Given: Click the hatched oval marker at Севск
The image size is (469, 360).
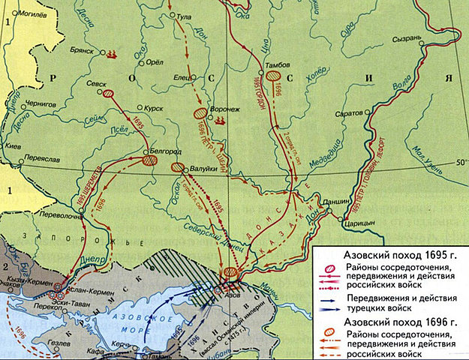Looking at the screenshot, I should click(109, 94).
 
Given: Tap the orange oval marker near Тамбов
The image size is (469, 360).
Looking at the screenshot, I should click(276, 76).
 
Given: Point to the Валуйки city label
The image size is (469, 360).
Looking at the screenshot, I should click(205, 169).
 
